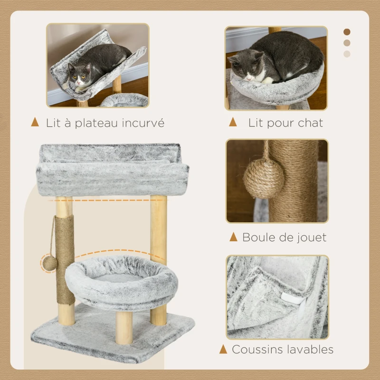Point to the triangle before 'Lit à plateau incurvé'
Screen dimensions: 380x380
pos(35,122)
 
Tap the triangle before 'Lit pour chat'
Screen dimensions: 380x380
pos(233,122)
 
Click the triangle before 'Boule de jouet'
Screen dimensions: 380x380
pos(233,237)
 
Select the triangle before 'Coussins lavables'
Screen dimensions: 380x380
pos(223,349)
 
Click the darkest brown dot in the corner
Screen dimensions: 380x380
pos(347,32)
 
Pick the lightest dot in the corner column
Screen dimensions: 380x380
pos(347,54)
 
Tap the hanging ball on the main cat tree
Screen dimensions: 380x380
pos(49,263)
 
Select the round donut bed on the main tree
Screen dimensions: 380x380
pos(121,283)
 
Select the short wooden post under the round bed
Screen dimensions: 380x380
pos(124,326)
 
